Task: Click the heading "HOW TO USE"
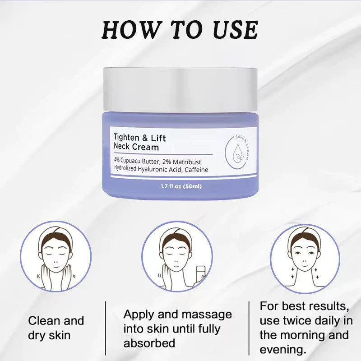pos(180,29)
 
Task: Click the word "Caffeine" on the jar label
pos(194,169)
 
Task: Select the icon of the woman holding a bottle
pos(177,257)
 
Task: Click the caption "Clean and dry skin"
pos(56,328)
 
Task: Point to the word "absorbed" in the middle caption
pos(149,343)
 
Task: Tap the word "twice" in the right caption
pos(301,321)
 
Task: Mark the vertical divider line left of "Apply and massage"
pos(106,328)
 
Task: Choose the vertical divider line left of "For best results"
pos(249,328)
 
